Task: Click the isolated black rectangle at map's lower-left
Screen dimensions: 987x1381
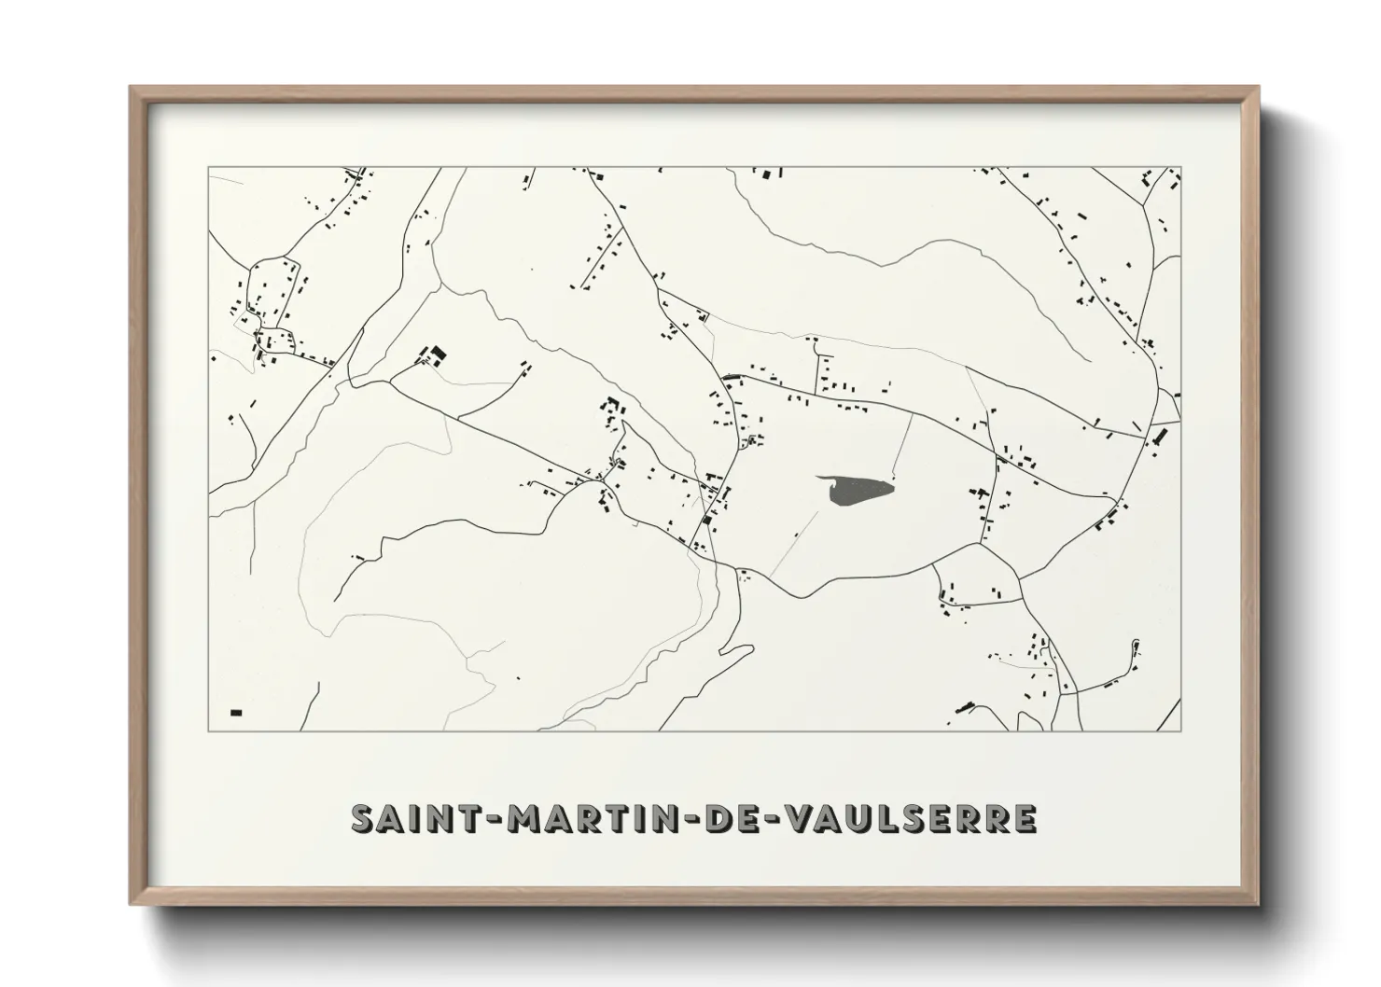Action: pos(236,713)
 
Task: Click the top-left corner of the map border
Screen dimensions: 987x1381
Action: pos(208,168)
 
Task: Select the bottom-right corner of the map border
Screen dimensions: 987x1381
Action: pos(1181,730)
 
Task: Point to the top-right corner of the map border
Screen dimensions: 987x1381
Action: pos(1181,168)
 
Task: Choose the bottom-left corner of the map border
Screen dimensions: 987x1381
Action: pos(208,730)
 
